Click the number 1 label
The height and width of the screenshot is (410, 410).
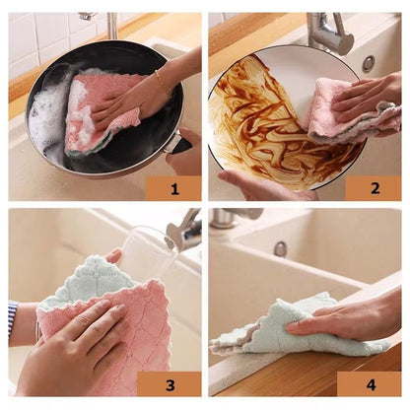click(172, 187)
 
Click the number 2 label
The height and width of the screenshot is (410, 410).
click(376, 187)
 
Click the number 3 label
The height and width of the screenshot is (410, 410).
click(169, 383)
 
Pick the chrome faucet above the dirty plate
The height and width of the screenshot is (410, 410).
click(330, 34)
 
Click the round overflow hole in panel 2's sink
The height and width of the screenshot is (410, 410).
click(368, 63)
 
